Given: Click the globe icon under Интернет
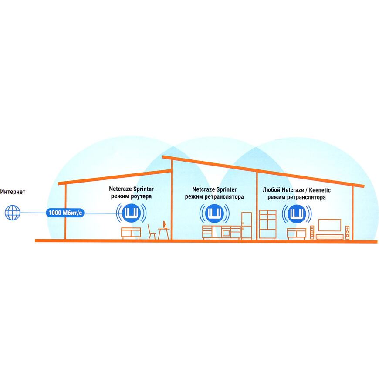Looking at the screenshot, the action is point(13,213).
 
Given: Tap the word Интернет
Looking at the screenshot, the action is point(13,192).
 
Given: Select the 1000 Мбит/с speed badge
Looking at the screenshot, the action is point(65,213).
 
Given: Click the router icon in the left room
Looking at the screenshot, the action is point(131,213).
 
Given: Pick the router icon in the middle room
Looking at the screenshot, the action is point(214,213).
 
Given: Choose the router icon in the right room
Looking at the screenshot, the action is point(297,213).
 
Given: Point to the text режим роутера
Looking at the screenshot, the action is point(131,196).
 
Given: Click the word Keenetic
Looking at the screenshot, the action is point(320,190).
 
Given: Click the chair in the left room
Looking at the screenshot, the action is point(152,232).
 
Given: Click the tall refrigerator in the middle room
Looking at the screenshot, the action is point(247,226).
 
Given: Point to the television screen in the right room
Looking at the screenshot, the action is point(330,225).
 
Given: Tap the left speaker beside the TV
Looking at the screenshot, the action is point(312,233).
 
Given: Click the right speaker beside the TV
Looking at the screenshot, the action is point(347,233).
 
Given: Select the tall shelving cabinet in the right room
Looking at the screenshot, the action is point(268,224).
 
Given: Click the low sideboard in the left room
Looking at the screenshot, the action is point(131,233).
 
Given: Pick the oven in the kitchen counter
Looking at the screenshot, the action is point(226,233).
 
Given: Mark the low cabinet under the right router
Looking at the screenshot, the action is point(297,234).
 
